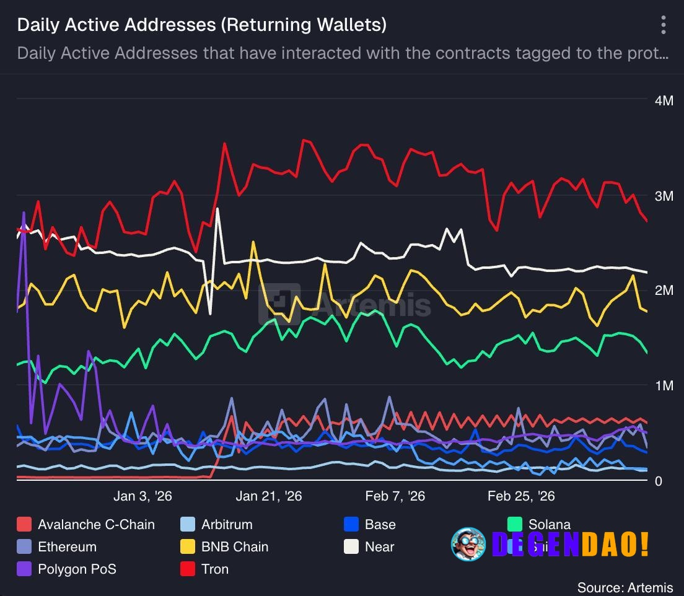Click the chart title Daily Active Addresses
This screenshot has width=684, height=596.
pyautogui.click(x=201, y=25)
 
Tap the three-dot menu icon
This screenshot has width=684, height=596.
pyautogui.click(x=663, y=25)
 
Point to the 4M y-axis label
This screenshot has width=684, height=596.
pyautogui.click(x=663, y=101)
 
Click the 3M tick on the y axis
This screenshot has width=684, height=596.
pyautogui.click(x=663, y=196)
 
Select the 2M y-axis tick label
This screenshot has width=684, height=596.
pyautogui.click(x=663, y=291)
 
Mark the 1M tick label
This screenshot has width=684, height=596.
pyautogui.click(x=663, y=386)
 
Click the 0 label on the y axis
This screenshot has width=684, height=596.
pyautogui.click(x=659, y=481)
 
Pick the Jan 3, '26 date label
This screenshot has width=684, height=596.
pyautogui.click(x=143, y=496)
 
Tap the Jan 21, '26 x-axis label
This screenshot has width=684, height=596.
pyautogui.click(x=268, y=496)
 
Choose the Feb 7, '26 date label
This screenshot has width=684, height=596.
pyautogui.click(x=395, y=496)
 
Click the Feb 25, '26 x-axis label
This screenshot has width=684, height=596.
pyautogui.click(x=521, y=496)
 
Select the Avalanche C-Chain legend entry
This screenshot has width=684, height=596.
pyautogui.click(x=95, y=525)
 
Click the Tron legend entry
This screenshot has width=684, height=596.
pyautogui.click(x=214, y=569)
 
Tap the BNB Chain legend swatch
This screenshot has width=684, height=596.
pyautogui.click(x=188, y=547)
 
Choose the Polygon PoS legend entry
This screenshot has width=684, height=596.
pyautogui.click(x=76, y=569)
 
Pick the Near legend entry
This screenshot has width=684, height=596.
pyautogui.click(x=379, y=547)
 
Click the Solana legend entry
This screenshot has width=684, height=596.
pyautogui.click(x=549, y=525)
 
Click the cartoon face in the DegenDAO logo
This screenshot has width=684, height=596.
pyautogui.click(x=468, y=544)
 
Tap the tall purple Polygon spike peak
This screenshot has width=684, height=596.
pyautogui.click(x=24, y=213)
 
